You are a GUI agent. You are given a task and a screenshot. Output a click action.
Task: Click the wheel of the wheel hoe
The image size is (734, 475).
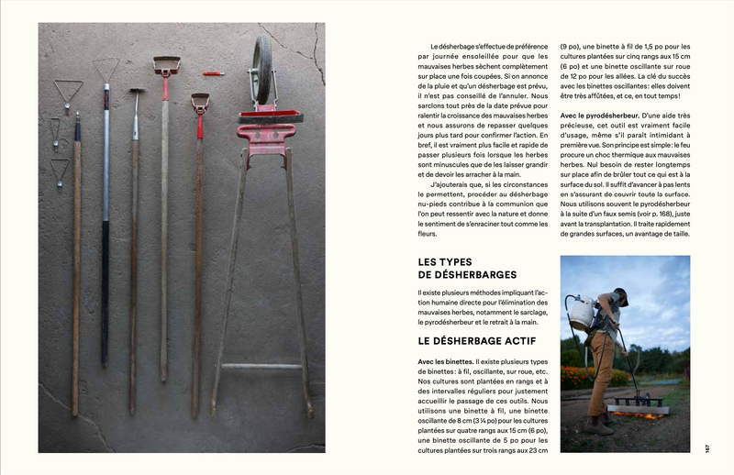[263, 70]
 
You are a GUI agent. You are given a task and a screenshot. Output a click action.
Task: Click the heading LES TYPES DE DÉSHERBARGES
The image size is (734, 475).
[466, 268]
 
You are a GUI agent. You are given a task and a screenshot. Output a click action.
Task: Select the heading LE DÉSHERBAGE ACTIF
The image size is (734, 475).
[464, 341]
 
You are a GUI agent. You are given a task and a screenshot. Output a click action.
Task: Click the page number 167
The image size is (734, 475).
[707, 447]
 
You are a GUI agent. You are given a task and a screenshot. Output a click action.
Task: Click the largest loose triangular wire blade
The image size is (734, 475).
[66, 92]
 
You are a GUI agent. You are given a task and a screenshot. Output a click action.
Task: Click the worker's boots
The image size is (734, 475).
[600, 425]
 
